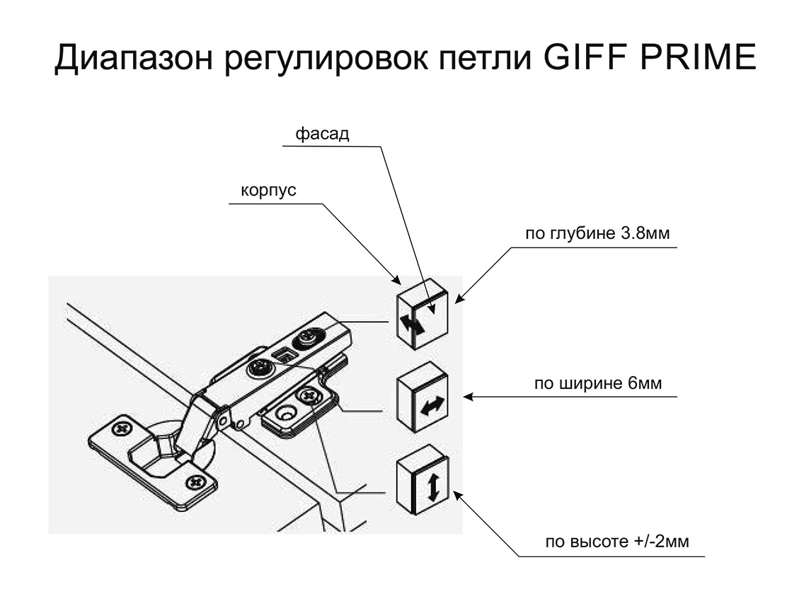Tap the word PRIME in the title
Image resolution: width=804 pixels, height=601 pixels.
(x=696, y=59)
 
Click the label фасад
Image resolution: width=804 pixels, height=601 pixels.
(x=322, y=134)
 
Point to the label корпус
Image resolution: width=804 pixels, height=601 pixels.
(x=268, y=192)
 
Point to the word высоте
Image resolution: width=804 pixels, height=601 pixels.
(x=598, y=542)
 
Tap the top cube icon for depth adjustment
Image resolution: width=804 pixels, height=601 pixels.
(x=422, y=313)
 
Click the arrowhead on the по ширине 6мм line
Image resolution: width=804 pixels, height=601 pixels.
(x=467, y=397)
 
